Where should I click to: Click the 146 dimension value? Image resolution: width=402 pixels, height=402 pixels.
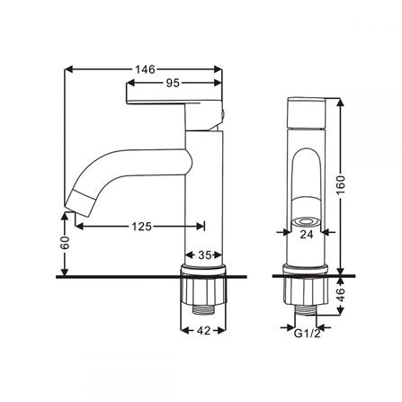[145, 69]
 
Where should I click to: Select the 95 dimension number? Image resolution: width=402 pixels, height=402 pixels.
[173, 83]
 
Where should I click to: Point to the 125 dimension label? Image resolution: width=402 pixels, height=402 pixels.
[142, 227]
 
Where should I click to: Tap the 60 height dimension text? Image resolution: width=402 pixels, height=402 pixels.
[65, 243]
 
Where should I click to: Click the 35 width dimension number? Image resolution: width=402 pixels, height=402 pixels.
[205, 255]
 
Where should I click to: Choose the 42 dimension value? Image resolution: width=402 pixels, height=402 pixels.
[204, 331]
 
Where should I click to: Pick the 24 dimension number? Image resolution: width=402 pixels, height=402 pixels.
[307, 234]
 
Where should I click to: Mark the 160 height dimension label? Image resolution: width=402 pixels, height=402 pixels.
[341, 185]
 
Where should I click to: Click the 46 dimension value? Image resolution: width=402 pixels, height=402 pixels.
[341, 295]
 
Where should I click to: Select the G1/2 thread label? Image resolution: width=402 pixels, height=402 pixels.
[307, 334]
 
